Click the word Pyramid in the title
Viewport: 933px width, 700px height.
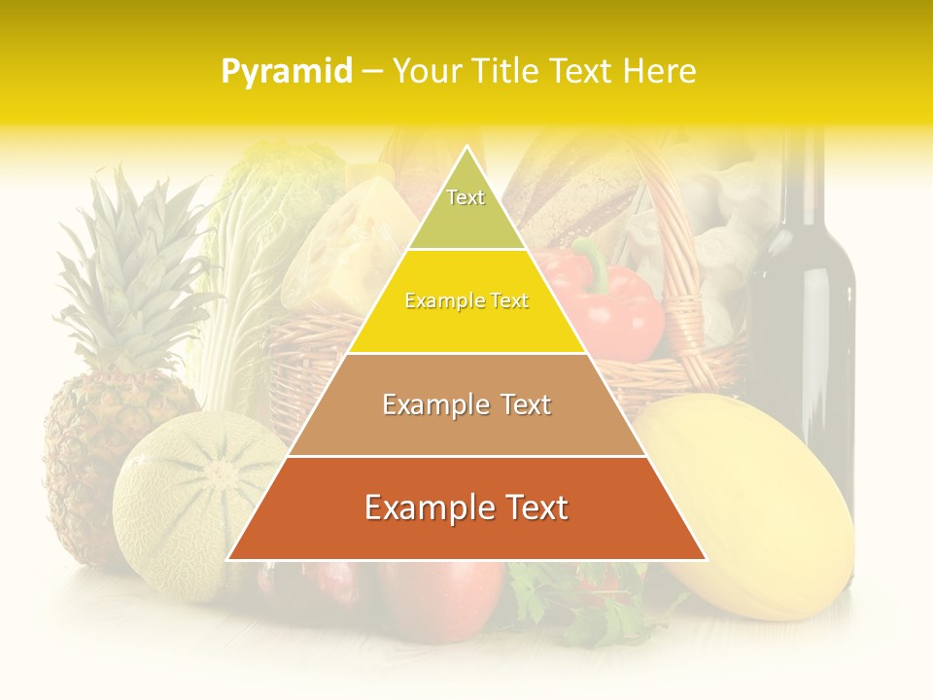pyautogui.click(x=287, y=71)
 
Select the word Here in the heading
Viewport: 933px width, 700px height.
pyautogui.click(x=661, y=71)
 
